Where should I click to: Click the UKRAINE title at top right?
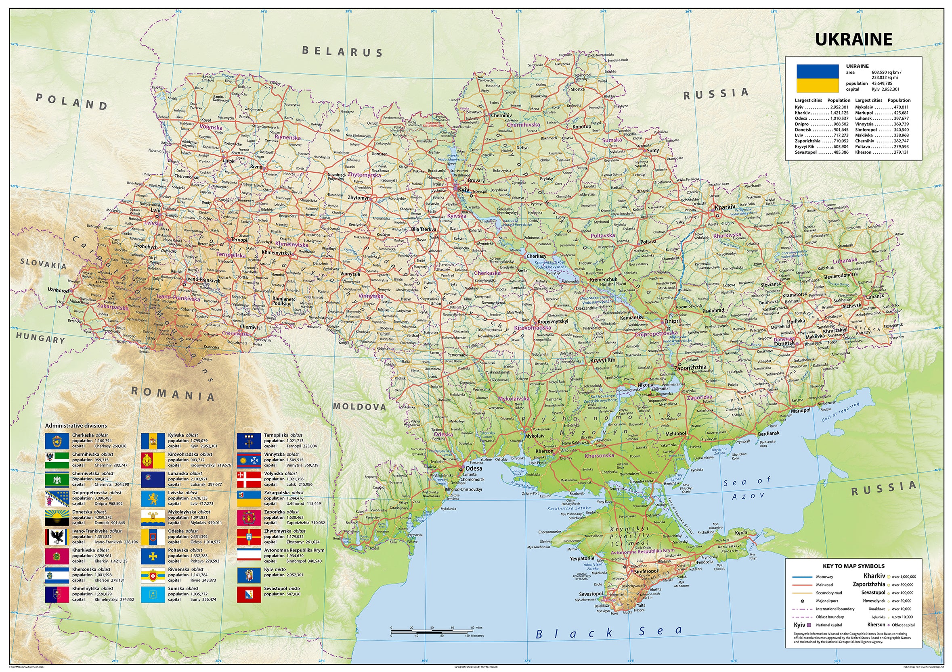(853, 40)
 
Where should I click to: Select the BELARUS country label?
(342, 51)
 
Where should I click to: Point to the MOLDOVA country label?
(359, 407)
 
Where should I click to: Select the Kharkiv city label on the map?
(725, 207)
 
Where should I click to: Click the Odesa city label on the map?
(474, 468)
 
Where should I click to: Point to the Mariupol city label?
(801, 410)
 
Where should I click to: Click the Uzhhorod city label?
(58, 290)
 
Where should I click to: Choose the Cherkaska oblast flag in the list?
(57, 441)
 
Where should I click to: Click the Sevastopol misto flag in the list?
(249, 595)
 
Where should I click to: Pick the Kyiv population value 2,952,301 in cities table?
(839, 107)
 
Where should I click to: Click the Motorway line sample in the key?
(801, 577)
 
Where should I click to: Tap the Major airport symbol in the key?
(802, 601)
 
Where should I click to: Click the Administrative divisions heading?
(76, 426)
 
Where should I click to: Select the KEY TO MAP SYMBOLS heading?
(853, 566)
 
